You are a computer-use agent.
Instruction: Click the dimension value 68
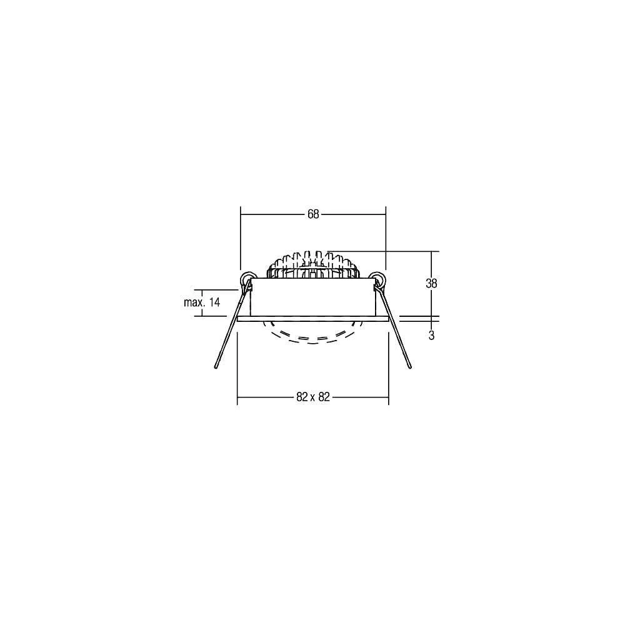click(313, 214)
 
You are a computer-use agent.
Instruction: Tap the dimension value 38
click(431, 283)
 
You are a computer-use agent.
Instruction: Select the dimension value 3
click(431, 336)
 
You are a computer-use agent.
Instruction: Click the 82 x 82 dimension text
click(313, 397)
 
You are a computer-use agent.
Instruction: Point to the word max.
click(194, 302)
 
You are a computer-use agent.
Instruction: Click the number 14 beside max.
click(214, 302)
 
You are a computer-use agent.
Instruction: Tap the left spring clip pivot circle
click(249, 279)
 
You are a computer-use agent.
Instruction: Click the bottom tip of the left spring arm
click(216, 367)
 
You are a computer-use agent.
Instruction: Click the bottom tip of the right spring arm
click(410, 366)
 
